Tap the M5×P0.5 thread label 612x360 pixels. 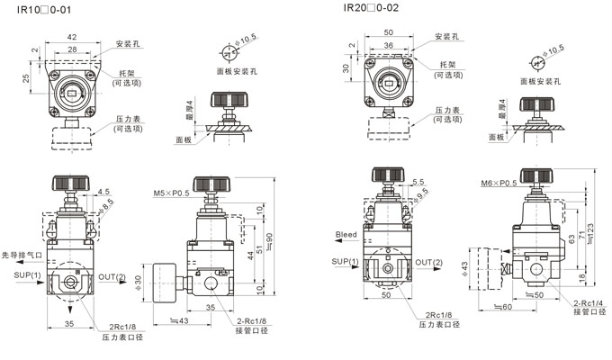171,193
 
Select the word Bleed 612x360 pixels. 346,235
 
